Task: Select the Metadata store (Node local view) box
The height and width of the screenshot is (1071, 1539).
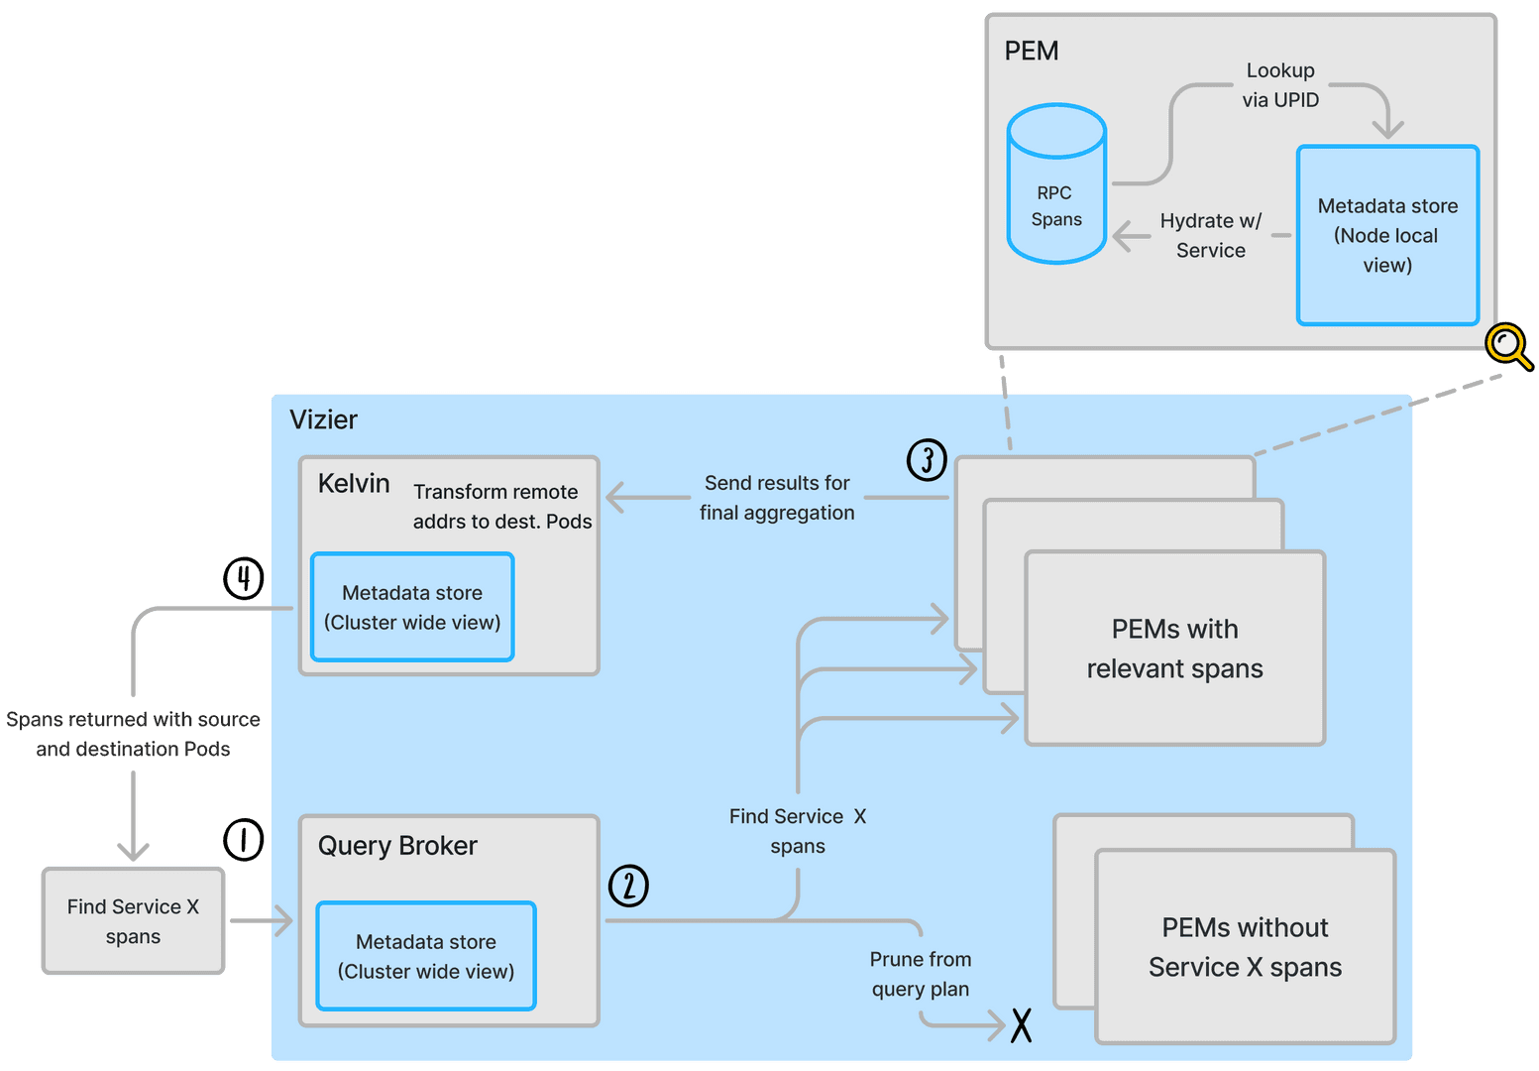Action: tap(1387, 235)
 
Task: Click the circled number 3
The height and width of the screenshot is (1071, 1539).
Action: tap(927, 459)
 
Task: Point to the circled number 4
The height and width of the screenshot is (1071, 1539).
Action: tap(243, 578)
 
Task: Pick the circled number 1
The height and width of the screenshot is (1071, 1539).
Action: tap(243, 840)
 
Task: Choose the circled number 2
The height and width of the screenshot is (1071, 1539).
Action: tap(628, 886)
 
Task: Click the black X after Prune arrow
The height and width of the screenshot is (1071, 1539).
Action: tap(1021, 1024)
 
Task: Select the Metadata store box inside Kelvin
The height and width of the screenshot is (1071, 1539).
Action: tap(412, 607)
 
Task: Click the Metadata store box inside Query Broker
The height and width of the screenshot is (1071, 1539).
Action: tap(426, 956)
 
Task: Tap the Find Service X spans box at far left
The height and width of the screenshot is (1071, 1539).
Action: tap(133, 921)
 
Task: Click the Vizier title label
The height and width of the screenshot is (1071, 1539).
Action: tap(323, 419)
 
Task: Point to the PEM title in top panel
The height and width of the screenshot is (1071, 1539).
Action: tap(1031, 51)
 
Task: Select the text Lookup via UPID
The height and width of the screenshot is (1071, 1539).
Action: tap(1280, 85)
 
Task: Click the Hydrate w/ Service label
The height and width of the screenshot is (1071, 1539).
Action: tap(1210, 236)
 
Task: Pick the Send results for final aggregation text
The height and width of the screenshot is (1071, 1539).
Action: tap(777, 498)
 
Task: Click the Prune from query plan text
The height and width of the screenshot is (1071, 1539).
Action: tap(920, 974)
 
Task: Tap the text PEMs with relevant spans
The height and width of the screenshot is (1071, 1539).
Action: tap(1174, 649)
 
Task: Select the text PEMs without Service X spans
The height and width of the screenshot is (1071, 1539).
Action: tap(1245, 947)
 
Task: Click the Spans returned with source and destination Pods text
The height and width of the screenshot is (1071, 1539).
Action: tap(133, 734)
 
